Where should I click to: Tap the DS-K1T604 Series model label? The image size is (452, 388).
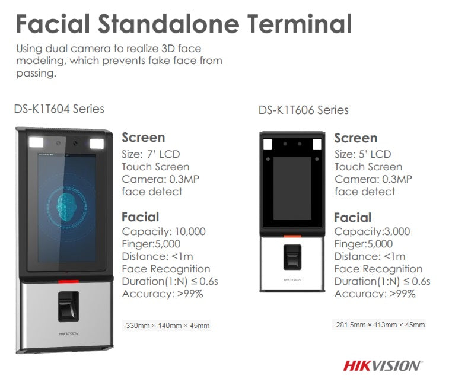[x=59, y=109]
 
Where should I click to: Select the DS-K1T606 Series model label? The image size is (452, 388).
[x=303, y=110]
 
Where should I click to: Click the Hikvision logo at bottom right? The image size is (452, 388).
[x=383, y=365]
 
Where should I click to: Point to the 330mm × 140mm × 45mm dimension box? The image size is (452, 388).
[x=167, y=326]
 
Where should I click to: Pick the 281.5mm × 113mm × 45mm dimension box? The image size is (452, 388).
[x=380, y=325]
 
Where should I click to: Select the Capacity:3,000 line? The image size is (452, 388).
[x=372, y=231]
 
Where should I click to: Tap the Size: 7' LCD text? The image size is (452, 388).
[x=153, y=154]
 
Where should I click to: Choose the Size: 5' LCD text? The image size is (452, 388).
[x=362, y=154]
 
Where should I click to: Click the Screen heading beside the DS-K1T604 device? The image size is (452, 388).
[x=144, y=138]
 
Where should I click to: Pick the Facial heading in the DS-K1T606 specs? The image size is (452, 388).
[x=352, y=218]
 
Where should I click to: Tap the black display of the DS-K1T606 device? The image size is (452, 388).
[x=292, y=187]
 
